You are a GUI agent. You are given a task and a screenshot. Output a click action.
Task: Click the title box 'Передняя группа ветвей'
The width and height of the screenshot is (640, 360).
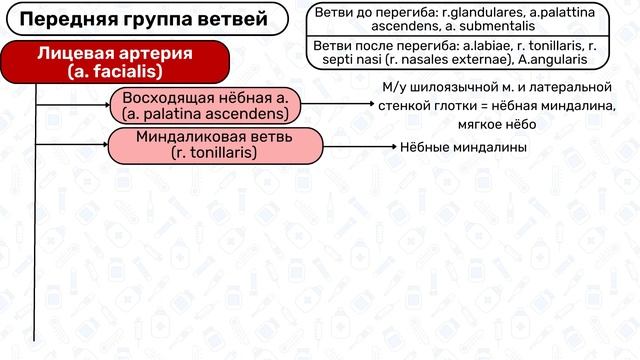point(144,18)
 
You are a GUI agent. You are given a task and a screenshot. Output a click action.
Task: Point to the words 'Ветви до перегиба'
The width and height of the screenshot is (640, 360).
point(360,12)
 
